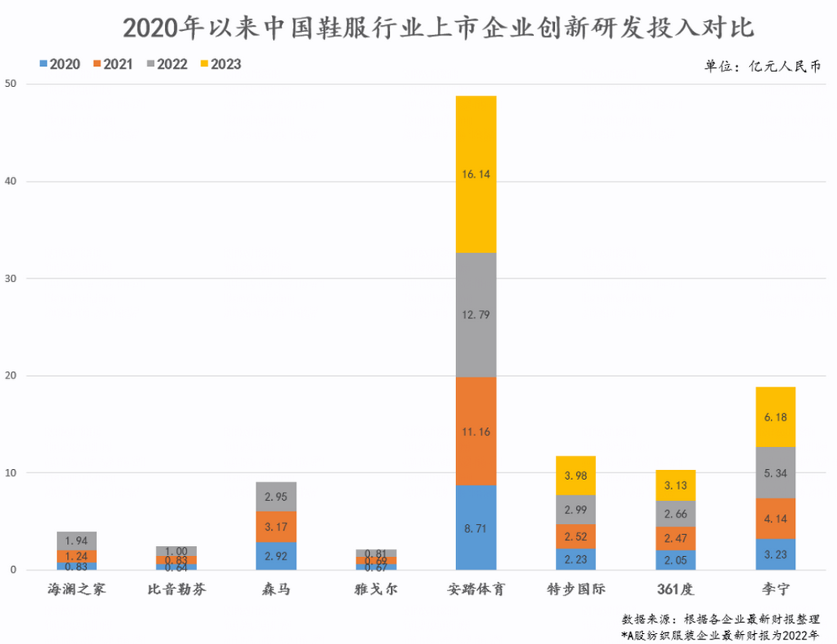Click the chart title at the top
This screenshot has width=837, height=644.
click(438, 28)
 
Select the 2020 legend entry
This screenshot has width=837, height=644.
click(59, 64)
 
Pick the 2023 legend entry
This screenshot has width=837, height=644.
click(220, 64)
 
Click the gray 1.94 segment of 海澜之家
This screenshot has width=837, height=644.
click(77, 541)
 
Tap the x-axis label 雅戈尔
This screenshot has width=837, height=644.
click(375, 589)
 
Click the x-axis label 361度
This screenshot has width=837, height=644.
click(675, 589)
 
